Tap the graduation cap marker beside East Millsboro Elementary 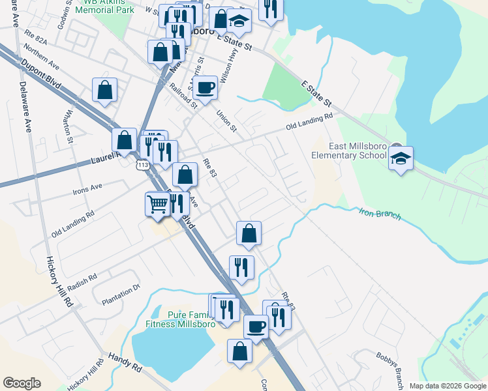point(401,158)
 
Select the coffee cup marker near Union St point(205,88)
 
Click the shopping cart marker point(157,204)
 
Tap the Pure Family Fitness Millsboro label point(181,318)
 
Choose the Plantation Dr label point(121,295)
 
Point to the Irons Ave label point(87,188)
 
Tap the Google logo point(22,383)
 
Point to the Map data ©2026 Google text point(447,386)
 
